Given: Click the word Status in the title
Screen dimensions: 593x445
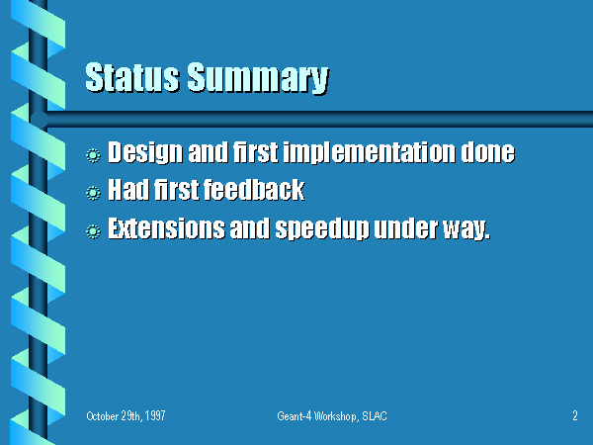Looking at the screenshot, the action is point(132,77).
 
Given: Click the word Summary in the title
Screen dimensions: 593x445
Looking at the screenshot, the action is point(258,79).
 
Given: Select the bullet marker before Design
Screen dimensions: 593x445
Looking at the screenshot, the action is point(93,155).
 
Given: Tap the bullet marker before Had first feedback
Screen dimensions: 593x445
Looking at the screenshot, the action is point(93,193).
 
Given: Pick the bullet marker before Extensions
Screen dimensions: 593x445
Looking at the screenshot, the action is point(93,231).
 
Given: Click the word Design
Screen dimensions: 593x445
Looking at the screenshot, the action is point(145,153).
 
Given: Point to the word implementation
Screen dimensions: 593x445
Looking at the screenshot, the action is point(369,153).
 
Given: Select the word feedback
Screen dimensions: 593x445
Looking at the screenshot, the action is point(255,190).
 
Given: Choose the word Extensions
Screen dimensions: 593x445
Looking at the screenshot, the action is point(166,228).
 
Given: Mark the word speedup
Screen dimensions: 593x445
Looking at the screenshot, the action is point(322,229).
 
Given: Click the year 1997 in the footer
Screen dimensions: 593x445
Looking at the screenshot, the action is point(155,416).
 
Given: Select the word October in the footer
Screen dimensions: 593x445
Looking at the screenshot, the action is point(103,416).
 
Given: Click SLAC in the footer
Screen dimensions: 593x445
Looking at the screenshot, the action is point(375,416).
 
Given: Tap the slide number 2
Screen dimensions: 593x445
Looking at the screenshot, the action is point(575,416).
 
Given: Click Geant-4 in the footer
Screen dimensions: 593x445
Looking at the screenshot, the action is point(295,416).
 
